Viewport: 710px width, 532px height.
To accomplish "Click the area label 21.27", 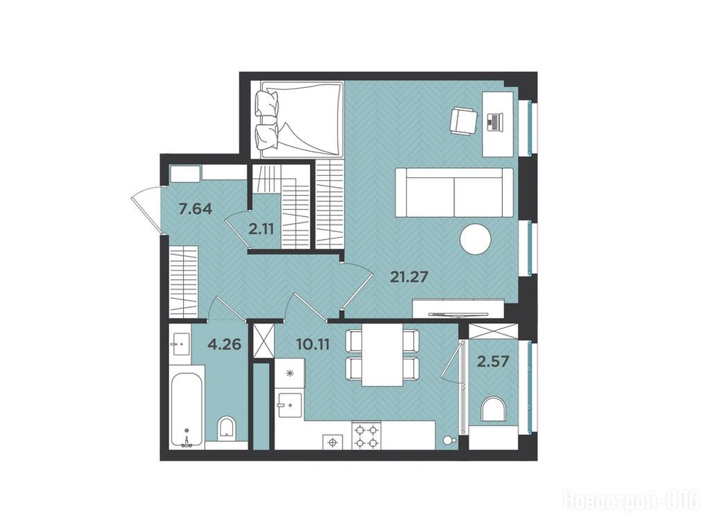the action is point(409,276).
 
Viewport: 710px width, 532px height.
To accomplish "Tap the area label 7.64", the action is point(196,209).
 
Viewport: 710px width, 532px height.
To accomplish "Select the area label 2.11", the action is point(261,229).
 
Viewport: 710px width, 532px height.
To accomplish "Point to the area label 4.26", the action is point(224,345).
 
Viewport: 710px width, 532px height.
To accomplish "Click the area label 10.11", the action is point(313,345).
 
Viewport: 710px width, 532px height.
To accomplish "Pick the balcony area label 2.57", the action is point(494,361).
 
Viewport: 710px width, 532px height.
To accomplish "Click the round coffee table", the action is point(476,239).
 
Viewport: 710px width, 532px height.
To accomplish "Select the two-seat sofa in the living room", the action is point(454,193).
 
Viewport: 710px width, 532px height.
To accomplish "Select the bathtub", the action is point(187,410).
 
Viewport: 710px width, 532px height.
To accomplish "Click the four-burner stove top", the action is point(366,436).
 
